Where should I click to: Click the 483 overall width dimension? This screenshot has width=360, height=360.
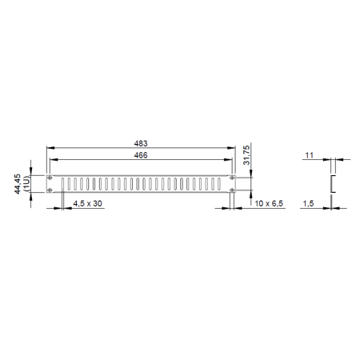click(141, 143)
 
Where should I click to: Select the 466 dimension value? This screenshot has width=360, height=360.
click(141, 155)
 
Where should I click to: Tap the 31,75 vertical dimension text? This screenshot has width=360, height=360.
click(246, 155)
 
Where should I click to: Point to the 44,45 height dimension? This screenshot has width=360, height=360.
click(18, 184)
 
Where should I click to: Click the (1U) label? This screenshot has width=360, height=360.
click(27, 184)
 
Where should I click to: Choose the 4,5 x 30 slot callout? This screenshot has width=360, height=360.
click(87, 203)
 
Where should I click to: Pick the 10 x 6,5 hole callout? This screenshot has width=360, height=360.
click(269, 203)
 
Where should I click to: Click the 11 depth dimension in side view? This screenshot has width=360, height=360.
click(309, 155)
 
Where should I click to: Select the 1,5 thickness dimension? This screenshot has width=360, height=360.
click(308, 204)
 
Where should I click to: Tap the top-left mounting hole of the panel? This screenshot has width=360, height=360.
click(50, 178)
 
